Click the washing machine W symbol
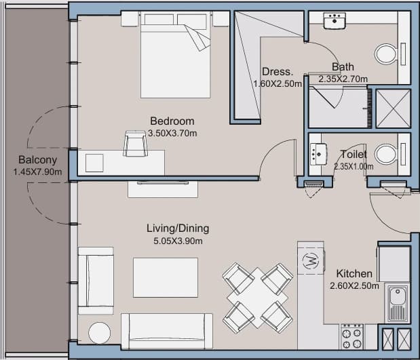[311, 260]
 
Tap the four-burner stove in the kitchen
[352, 336]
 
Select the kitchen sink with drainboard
[398, 303]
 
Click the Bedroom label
[172, 121]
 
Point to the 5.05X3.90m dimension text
[178, 241]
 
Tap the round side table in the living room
[99, 333]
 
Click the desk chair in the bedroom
[136, 144]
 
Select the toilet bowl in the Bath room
[386, 54]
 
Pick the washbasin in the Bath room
[335, 20]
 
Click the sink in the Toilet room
[318, 155]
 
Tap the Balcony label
[38, 160]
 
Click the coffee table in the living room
[166, 277]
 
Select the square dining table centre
[257, 298]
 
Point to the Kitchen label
[354, 273]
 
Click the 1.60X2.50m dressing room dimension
[278, 84]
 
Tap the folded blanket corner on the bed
[197, 38]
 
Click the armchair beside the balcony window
[96, 281]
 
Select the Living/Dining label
[178, 228]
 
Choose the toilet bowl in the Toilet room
[385, 154]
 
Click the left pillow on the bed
[159, 19]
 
